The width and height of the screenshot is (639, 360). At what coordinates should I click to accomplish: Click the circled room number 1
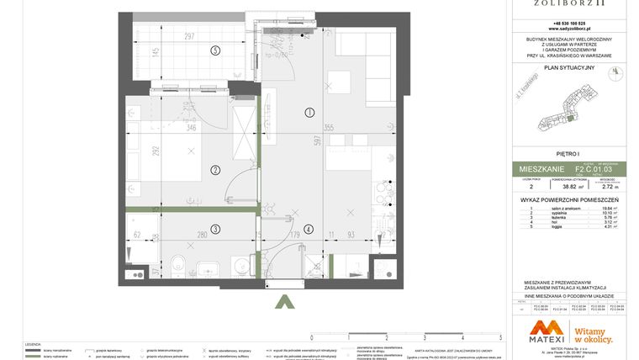(309, 112)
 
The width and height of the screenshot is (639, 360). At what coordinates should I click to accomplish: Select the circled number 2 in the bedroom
(215, 170)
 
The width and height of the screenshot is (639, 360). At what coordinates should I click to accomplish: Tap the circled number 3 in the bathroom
(215, 229)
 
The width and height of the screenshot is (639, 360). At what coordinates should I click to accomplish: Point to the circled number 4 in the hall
(309, 229)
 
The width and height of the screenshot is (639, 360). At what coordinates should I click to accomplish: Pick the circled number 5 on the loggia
(215, 51)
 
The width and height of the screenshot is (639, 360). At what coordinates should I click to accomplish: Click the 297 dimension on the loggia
(189, 35)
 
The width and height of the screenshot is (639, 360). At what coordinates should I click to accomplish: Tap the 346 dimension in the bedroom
(191, 127)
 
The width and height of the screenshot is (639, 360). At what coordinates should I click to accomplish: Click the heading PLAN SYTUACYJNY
(568, 67)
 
